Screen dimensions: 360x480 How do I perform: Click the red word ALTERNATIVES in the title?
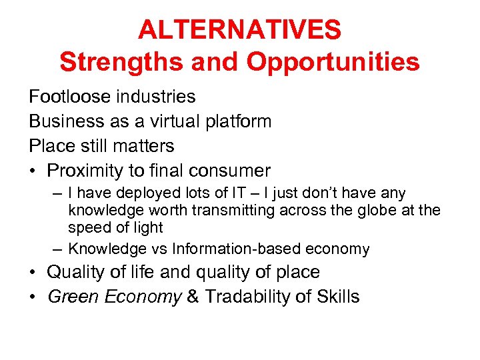click(x=240, y=30)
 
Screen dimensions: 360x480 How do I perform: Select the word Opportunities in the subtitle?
click(x=333, y=62)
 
